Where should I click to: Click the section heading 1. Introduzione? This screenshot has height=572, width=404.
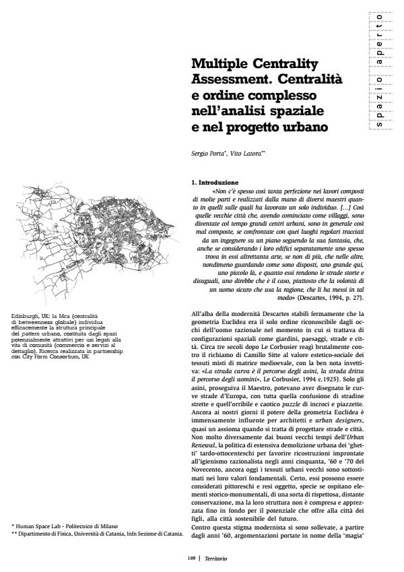tap(215, 182)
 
